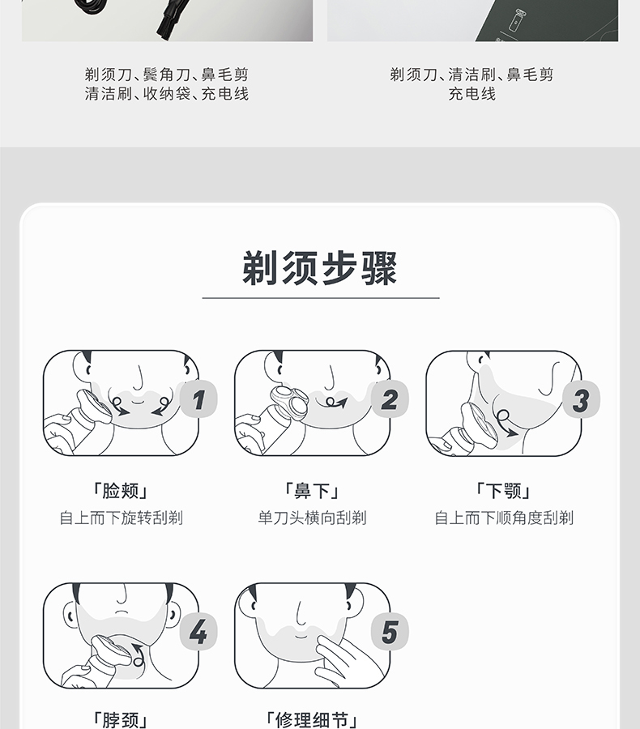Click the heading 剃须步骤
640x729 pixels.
(x=320, y=268)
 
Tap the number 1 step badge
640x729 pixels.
(x=198, y=399)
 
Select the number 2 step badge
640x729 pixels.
(x=390, y=399)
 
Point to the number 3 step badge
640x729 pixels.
(x=581, y=399)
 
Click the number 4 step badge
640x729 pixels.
(x=198, y=631)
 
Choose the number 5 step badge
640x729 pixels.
(x=390, y=631)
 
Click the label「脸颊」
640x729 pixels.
(x=121, y=491)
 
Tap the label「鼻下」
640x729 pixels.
(x=312, y=491)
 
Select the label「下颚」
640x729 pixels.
(x=503, y=491)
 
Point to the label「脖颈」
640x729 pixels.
(x=121, y=721)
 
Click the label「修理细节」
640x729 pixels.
(x=312, y=721)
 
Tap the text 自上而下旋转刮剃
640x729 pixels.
(x=121, y=518)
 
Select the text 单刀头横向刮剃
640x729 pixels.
(x=312, y=518)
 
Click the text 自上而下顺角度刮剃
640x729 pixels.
(x=504, y=518)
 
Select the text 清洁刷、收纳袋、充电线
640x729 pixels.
(x=167, y=94)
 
